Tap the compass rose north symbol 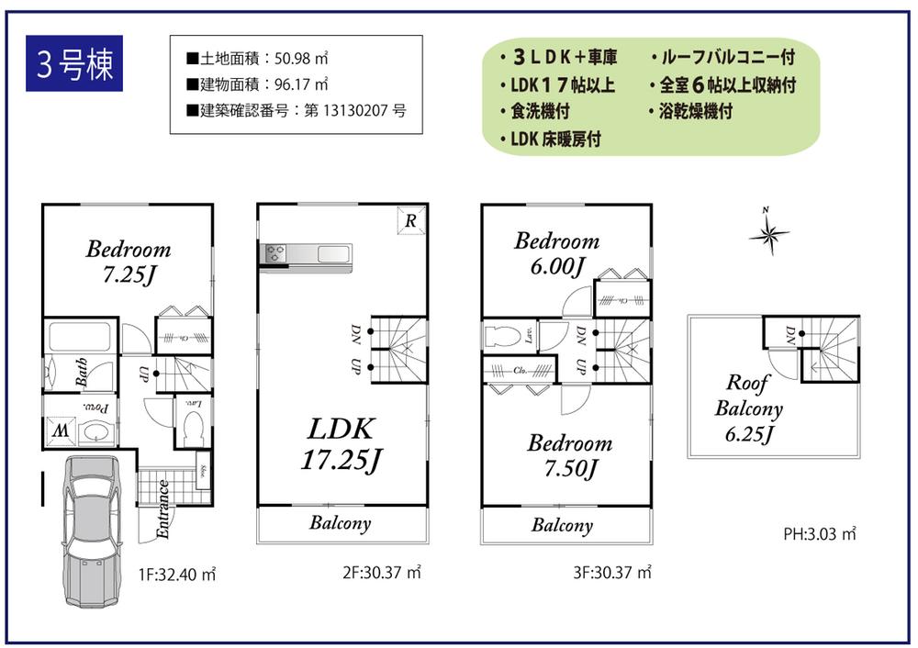coord(768,234)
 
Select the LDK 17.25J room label coord(340,444)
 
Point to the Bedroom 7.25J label coord(129,261)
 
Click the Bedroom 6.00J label coord(556,253)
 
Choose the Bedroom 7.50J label coord(569,455)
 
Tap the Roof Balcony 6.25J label coord(748,408)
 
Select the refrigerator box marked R coord(410,221)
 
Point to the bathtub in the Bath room coord(80,337)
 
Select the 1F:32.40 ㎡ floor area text coord(177,575)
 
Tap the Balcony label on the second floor coord(340,523)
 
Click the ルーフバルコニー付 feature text coord(722,58)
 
